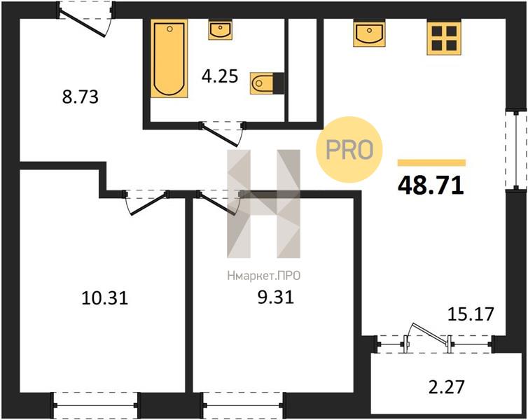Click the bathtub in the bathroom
click(169, 59)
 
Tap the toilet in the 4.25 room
click(267, 83)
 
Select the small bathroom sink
click(220, 30)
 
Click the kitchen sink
click(370, 33)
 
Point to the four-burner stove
click(444, 37)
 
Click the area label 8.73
click(80, 97)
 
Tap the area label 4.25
click(220, 76)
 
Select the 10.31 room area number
click(105, 298)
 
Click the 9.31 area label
click(275, 297)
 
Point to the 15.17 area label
click(471, 314)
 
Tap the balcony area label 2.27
click(447, 386)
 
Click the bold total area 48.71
click(431, 185)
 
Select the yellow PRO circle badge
click(349, 149)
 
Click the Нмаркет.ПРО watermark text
click(264, 276)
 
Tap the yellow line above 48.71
click(431, 163)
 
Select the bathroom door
click(221, 134)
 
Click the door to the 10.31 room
click(146, 202)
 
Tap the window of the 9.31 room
click(243, 405)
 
